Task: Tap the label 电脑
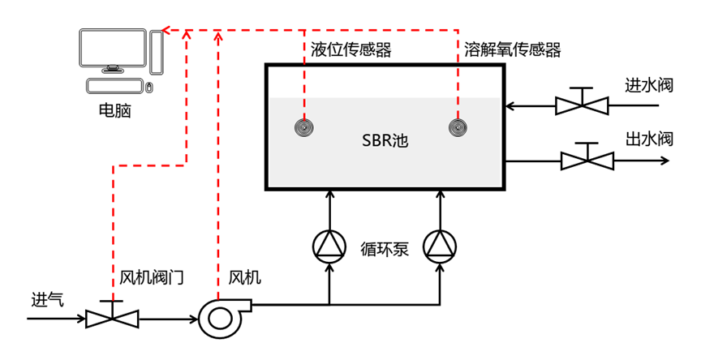114,110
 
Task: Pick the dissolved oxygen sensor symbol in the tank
458,127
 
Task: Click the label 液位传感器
351,50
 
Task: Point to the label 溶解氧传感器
512,50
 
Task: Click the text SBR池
385,140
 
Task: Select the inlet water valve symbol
582,103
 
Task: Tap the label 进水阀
649,84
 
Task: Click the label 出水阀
649,139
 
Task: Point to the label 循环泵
385,249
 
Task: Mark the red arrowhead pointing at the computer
166,31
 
